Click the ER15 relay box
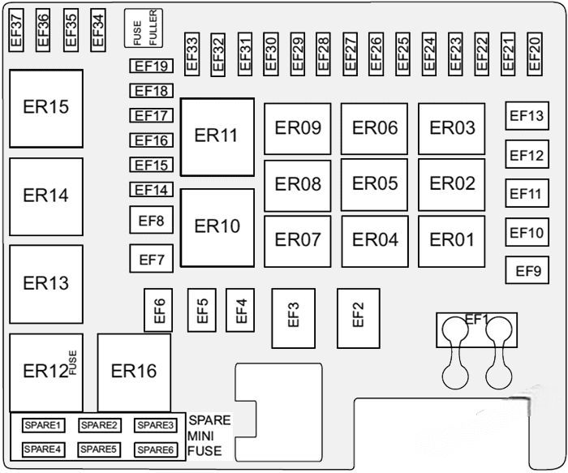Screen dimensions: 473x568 pos(45,108)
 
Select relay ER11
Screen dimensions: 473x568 pos(217,136)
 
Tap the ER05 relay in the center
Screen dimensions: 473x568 pos(374,184)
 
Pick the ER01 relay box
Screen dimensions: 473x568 pos(451,240)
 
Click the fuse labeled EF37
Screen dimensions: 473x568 pos(16,29)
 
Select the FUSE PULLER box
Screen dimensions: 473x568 pos(143,28)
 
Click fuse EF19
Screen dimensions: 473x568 pos(150,67)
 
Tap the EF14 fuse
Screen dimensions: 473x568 pos(150,191)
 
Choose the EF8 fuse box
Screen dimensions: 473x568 pos(151,220)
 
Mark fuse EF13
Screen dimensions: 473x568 pos(525,116)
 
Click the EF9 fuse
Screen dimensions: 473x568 pos(527,271)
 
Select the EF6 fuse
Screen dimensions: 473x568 pos(159,310)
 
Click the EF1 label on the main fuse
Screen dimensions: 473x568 pos(477,319)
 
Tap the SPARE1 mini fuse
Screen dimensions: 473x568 pos(42,425)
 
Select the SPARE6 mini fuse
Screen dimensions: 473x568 pos(154,449)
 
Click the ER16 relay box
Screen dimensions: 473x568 pos(134,372)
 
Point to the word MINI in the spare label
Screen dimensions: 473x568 pos(203,436)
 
